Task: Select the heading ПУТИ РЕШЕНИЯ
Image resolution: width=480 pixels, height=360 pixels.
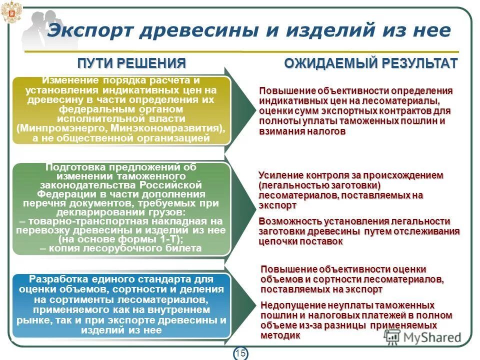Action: click(x=131, y=63)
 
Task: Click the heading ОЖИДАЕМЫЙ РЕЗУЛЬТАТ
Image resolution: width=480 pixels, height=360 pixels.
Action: click(x=370, y=63)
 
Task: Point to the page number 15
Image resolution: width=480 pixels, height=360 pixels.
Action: click(x=240, y=353)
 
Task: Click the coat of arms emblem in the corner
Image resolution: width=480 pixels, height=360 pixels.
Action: click(x=9, y=11)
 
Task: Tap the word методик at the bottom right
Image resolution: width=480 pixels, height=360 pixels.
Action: click(x=280, y=335)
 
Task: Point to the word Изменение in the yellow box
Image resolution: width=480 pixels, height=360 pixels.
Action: click(x=70, y=80)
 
